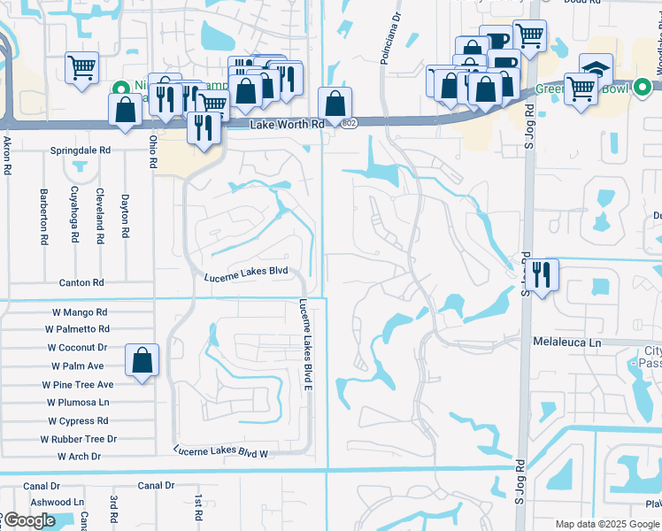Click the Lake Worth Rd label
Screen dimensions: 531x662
[287, 125]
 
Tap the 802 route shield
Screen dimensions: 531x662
[350, 124]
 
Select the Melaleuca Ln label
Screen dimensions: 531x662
[566, 341]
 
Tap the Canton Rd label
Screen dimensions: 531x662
[81, 282]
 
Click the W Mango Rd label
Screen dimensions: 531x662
[75, 312]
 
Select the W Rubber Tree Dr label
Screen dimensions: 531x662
[79, 439]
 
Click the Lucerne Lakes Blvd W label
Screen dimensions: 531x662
[221, 451]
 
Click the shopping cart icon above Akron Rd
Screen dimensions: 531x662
[81, 66]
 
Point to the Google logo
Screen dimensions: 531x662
[29, 521]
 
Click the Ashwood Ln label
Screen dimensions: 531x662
[55, 502]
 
